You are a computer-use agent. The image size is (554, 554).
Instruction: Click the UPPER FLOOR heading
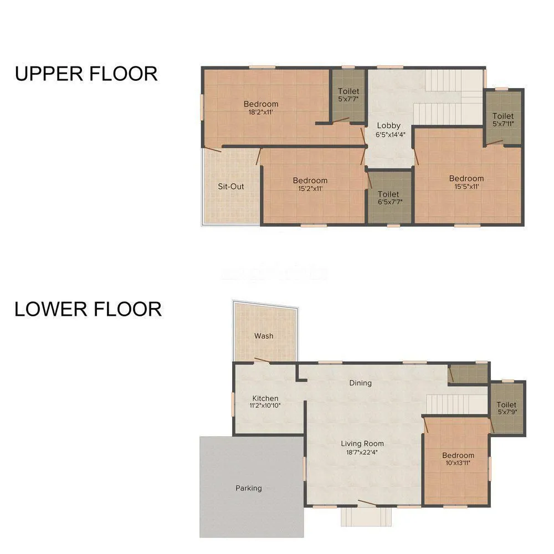tap(86, 73)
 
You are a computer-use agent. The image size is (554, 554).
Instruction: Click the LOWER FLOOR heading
tap(88, 309)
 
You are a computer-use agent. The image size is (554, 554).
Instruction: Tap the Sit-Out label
tap(230, 186)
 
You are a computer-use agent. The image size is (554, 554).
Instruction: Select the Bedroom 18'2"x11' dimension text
tap(261, 112)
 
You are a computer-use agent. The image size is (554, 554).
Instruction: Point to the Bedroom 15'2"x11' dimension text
tap(310, 188)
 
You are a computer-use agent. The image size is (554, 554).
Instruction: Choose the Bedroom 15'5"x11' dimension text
tap(466, 187)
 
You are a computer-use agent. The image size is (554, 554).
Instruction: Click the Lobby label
tap(388, 126)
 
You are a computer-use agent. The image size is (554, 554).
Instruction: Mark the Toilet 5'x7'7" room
tap(348, 94)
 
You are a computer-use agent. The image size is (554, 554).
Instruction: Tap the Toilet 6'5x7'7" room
tap(388, 198)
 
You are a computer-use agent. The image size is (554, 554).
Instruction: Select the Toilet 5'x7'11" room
tap(503, 119)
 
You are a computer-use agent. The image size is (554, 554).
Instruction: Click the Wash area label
tap(264, 336)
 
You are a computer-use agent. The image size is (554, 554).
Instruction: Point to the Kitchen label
tap(265, 398)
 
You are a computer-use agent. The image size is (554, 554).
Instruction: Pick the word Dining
tap(360, 383)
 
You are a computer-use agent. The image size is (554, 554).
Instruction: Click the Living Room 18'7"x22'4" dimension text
tap(362, 452)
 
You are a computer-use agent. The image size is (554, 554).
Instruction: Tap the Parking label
tap(249, 488)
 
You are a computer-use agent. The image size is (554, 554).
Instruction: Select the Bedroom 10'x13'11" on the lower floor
tap(458, 459)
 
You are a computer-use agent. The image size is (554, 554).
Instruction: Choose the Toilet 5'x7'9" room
tap(506, 409)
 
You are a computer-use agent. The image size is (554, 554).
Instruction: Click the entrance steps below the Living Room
tap(366, 516)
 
